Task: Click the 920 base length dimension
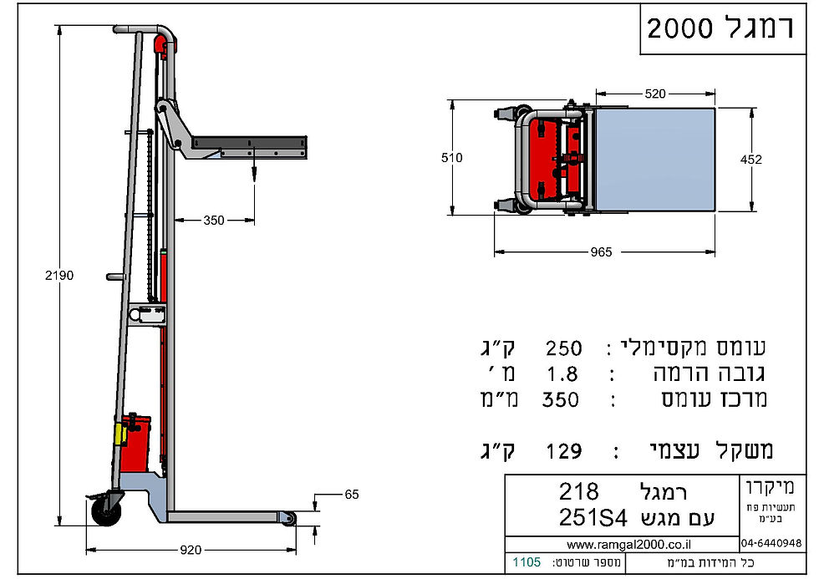191,550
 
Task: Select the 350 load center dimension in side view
214,221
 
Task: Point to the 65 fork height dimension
351,495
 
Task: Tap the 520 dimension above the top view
656,94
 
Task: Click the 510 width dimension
452,157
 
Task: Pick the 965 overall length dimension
601,251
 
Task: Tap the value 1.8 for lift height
562,373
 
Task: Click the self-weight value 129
562,452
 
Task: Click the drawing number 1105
526,561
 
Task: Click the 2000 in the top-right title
679,28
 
